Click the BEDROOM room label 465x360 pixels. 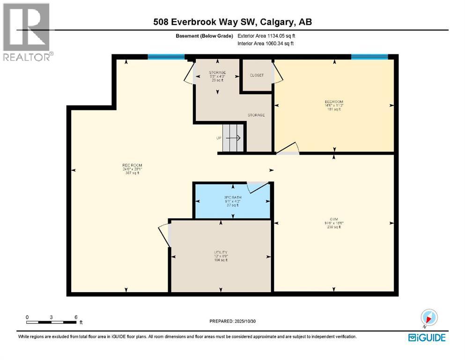[334, 102]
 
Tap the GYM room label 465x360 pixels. [334, 219]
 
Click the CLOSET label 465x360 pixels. [257, 75]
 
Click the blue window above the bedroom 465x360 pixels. [369, 57]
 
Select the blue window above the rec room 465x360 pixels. [166, 57]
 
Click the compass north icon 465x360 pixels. [429, 317]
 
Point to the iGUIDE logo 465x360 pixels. [426, 337]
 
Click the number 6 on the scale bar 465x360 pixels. [76, 317]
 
